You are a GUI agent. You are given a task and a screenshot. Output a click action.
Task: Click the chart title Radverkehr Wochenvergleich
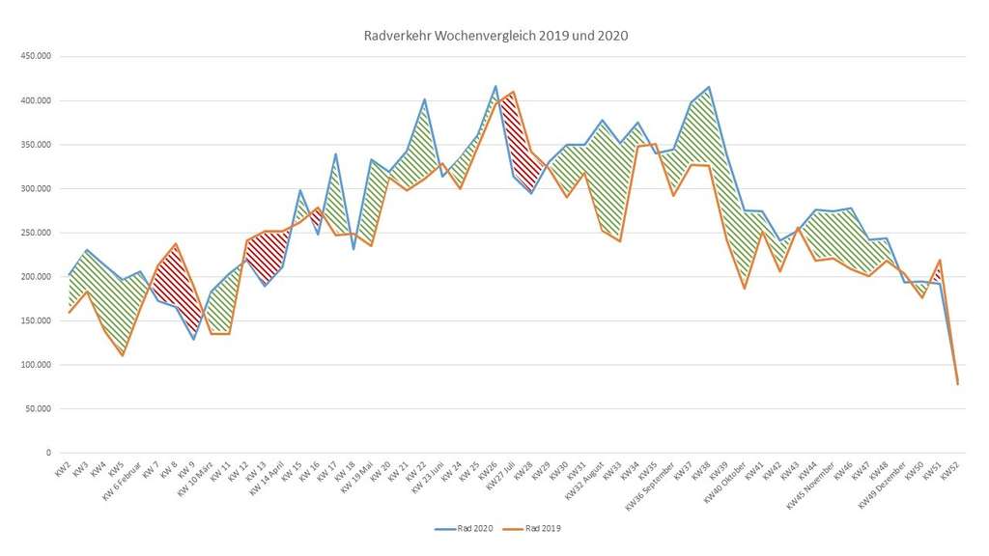tap(494, 36)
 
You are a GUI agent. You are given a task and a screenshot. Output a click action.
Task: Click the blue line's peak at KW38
tap(710, 87)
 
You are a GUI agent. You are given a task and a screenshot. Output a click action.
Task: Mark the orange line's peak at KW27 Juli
tap(514, 92)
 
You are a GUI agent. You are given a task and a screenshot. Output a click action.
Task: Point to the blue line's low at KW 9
tap(194, 339)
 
